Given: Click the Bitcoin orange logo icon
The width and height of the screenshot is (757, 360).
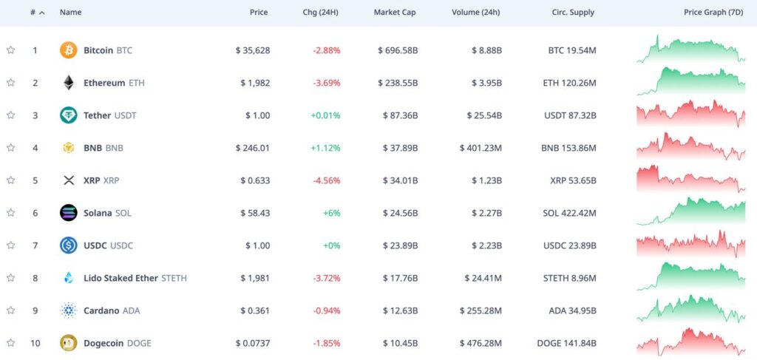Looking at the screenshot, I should [x=68, y=50].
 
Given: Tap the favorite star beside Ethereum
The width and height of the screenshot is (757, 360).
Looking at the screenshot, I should [x=10, y=83].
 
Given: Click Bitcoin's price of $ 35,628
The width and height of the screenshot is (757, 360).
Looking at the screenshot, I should [x=253, y=50].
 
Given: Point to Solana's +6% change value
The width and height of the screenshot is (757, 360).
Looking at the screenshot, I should [x=330, y=213].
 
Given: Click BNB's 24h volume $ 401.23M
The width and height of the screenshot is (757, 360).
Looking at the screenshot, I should [x=481, y=148].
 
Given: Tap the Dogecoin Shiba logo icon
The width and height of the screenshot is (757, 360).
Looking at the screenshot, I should [x=68, y=343].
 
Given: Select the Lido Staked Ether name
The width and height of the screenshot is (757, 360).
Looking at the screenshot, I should [x=121, y=278].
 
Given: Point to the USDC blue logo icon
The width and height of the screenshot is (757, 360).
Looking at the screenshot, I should [x=68, y=245].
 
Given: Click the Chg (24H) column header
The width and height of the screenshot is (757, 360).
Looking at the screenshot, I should [x=322, y=13].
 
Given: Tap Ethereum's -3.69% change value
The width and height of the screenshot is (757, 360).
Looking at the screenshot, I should [x=326, y=83].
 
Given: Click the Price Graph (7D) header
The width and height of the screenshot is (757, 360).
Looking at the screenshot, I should [x=714, y=13].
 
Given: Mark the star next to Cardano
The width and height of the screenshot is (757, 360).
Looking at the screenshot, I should [x=10, y=310].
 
